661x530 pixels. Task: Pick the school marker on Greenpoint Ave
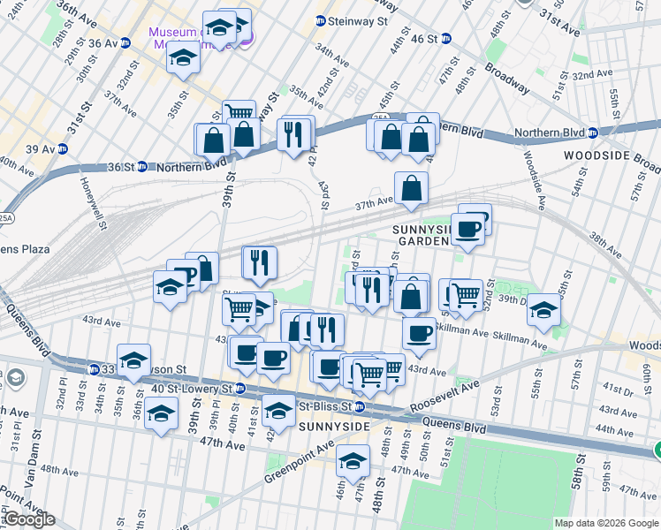tap(353, 461)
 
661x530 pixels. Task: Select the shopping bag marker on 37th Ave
tap(411, 187)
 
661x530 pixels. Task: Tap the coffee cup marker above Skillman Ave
tap(419, 333)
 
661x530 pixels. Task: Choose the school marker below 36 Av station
tap(184, 58)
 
